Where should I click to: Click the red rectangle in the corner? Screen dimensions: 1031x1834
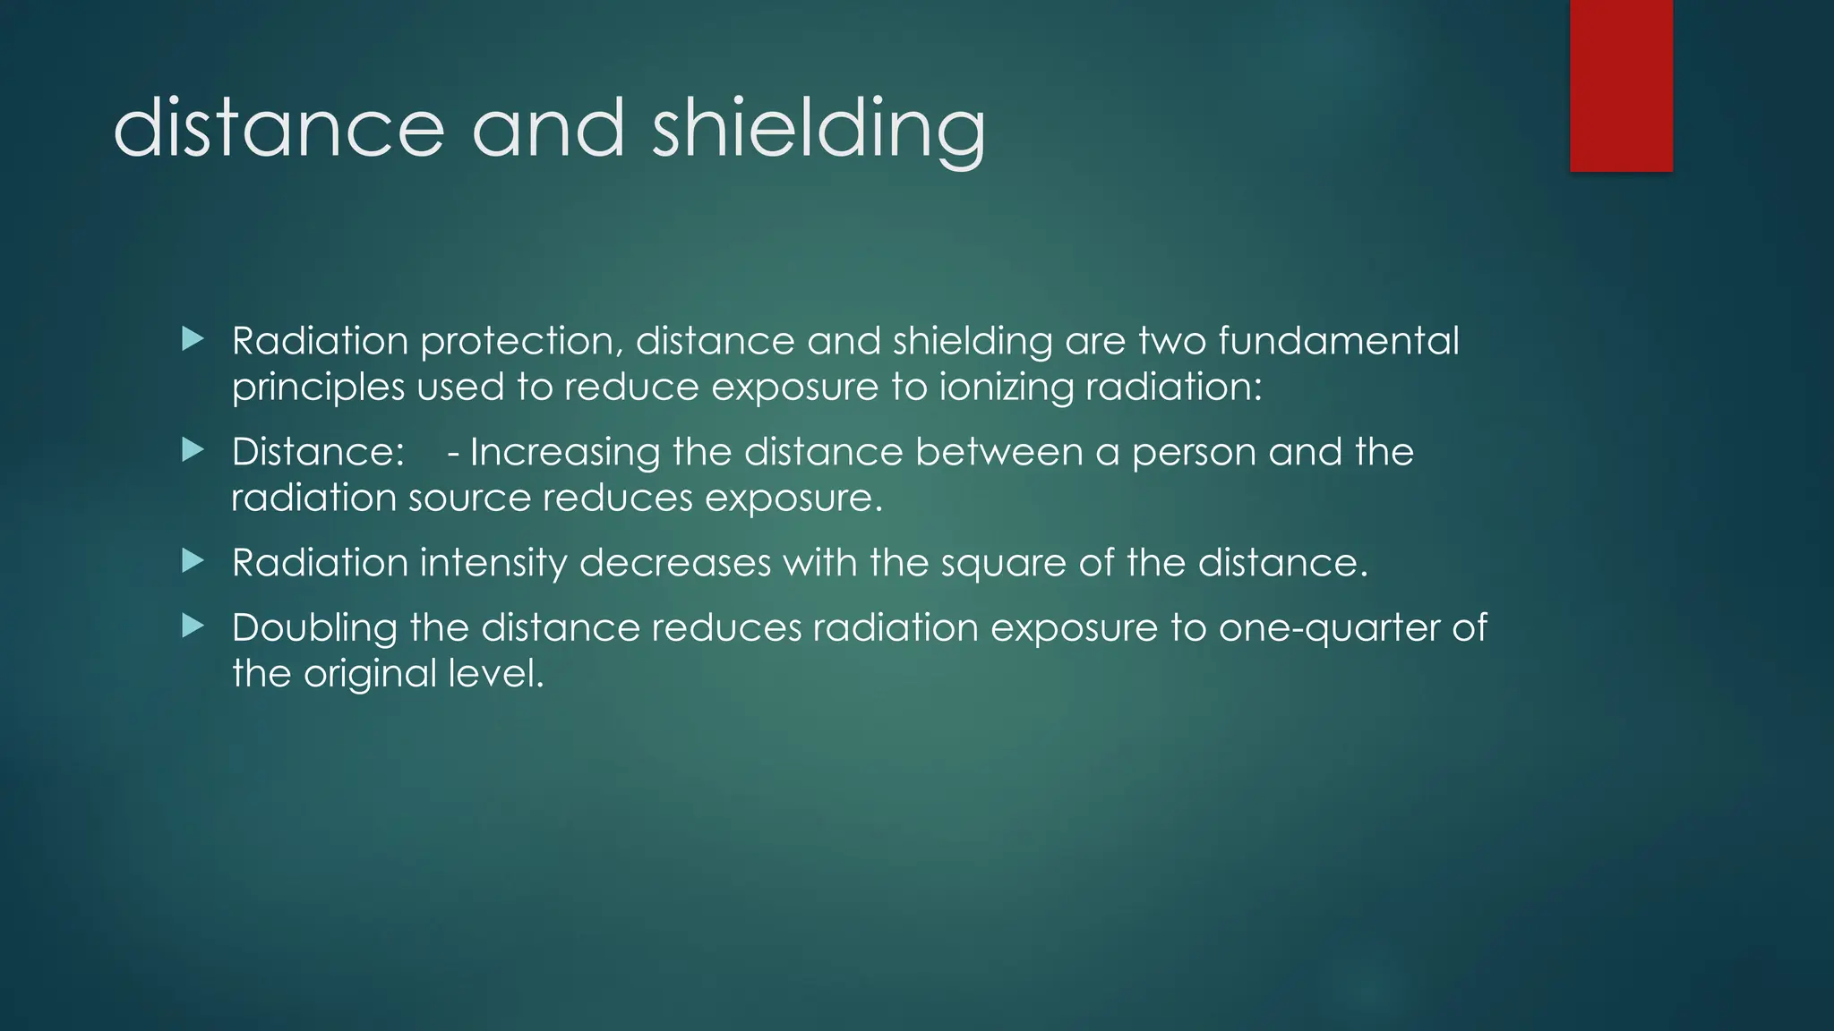1621,85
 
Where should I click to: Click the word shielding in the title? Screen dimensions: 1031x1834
818,130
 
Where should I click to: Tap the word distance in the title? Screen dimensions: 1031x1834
279,130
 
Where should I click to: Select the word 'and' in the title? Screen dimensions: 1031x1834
548,130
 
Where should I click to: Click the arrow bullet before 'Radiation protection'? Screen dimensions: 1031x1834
193,339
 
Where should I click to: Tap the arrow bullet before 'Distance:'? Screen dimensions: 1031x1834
193,450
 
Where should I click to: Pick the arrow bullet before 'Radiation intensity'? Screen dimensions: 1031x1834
193,561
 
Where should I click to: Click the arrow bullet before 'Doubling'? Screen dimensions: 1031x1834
193,626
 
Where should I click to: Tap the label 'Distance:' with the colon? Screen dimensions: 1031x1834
318,452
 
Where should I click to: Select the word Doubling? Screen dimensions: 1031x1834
314,628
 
